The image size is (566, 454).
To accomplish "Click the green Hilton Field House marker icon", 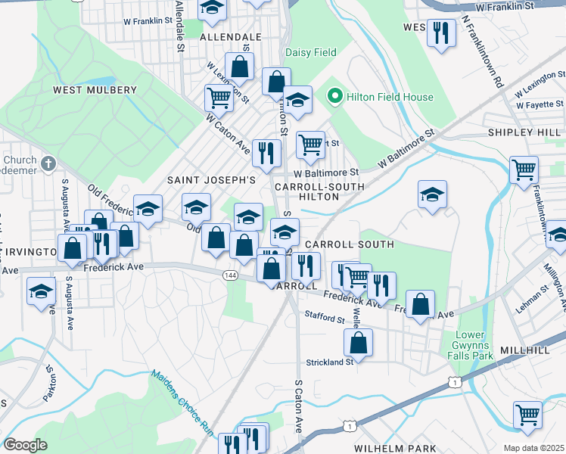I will (334, 97).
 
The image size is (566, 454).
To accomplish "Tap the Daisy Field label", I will (310, 52).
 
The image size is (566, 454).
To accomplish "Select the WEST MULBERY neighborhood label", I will (95, 90).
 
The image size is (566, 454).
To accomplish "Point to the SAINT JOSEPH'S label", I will (211, 179).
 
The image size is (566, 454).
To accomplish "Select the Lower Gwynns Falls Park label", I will (474, 345).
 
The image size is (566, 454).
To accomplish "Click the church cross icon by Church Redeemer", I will (48, 163).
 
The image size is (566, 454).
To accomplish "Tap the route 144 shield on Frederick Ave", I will (229, 275).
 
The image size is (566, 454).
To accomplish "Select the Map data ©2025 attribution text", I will (534, 448).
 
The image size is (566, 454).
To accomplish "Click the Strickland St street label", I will (329, 362).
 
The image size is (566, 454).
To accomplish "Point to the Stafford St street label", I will (325, 319).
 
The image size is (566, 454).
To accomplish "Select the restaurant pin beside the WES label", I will (441, 33).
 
